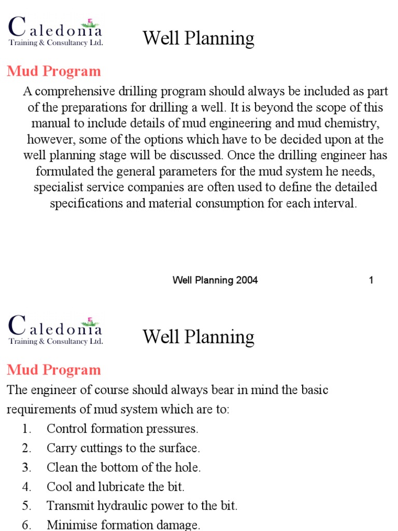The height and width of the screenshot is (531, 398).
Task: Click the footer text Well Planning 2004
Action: pyautogui.click(x=215, y=281)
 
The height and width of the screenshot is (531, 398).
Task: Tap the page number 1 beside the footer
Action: pyautogui.click(x=371, y=281)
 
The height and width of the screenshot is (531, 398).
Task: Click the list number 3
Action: pyautogui.click(x=26, y=467)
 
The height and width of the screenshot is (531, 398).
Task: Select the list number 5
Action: pyautogui.click(x=26, y=506)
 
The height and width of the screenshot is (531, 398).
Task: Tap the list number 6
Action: pyautogui.click(x=26, y=525)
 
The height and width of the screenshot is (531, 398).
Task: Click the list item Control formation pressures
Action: pyautogui.click(x=122, y=429)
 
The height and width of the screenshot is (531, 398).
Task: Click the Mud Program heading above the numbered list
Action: pyautogui.click(x=54, y=370)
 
